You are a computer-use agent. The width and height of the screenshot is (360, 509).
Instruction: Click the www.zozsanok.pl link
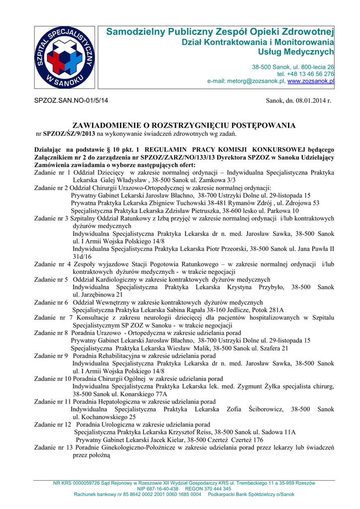point(311,81)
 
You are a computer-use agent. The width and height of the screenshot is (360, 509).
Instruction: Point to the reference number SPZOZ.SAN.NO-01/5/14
point(70,101)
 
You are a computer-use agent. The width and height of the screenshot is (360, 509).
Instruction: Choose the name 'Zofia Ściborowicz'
point(255,409)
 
